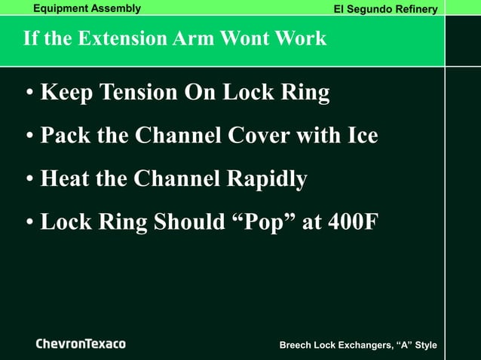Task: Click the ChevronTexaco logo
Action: [x=81, y=344]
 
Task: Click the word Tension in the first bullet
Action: [x=128, y=93]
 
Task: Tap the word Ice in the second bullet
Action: [x=363, y=136]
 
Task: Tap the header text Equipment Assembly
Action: [x=87, y=8]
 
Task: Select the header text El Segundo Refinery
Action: [x=386, y=9]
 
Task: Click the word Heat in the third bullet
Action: [x=65, y=179]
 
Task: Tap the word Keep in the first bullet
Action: [x=66, y=93]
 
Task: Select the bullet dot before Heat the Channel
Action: [x=29, y=180]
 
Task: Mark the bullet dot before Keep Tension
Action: [x=29, y=93]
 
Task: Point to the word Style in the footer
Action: [x=424, y=345]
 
